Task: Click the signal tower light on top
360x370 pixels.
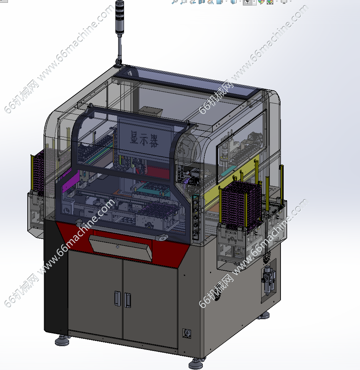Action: [120, 18]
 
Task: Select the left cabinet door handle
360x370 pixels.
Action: [117, 298]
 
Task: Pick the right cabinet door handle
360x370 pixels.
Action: [127, 300]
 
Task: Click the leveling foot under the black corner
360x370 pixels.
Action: [62, 340]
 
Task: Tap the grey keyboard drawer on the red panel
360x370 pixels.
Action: [121, 248]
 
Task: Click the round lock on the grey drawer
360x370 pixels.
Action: [117, 247]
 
